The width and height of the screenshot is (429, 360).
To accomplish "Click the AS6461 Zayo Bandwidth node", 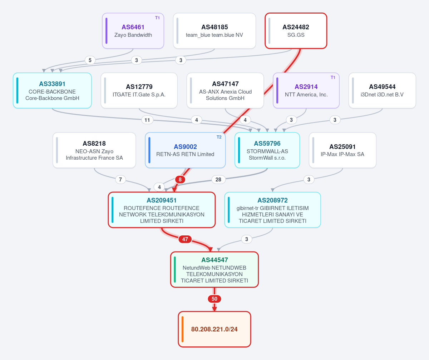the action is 133,31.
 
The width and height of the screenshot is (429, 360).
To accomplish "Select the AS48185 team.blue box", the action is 214,31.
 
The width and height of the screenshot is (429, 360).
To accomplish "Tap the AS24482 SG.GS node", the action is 296,31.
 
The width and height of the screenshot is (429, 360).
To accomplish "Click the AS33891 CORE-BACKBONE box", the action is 52,90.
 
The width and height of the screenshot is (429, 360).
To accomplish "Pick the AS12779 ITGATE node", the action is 139,90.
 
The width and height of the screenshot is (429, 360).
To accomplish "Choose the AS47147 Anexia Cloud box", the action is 225,90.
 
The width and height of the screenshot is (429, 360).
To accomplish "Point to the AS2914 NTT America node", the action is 306,90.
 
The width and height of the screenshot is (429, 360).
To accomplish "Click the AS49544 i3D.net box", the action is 382,90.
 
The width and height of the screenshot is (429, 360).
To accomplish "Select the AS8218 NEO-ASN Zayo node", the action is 94,150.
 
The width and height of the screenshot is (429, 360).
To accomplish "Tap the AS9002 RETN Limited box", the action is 185,150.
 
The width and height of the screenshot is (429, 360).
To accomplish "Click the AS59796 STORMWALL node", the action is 267,150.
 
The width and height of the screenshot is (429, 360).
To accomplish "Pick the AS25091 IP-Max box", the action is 342,150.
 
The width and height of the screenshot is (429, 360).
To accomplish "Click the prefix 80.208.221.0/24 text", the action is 214,329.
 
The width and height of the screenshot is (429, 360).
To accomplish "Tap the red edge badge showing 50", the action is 214,299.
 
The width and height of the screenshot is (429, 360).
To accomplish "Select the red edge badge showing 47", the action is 185,239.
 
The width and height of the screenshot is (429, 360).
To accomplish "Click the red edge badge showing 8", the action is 180,180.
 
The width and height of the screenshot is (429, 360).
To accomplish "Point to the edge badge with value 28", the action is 218,180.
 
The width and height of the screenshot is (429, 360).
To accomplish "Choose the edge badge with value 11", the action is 147,120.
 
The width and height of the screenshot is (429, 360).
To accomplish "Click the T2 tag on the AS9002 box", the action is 219,137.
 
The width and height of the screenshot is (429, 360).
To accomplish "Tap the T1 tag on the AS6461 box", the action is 157,18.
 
